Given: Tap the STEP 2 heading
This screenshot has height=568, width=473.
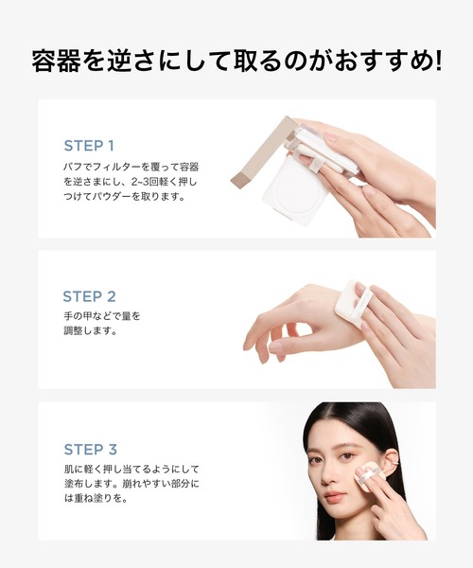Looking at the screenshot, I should [x=102, y=296].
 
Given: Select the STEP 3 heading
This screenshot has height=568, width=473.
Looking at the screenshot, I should [x=102, y=449].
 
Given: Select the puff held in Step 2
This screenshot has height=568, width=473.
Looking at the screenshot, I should [x=352, y=302].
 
